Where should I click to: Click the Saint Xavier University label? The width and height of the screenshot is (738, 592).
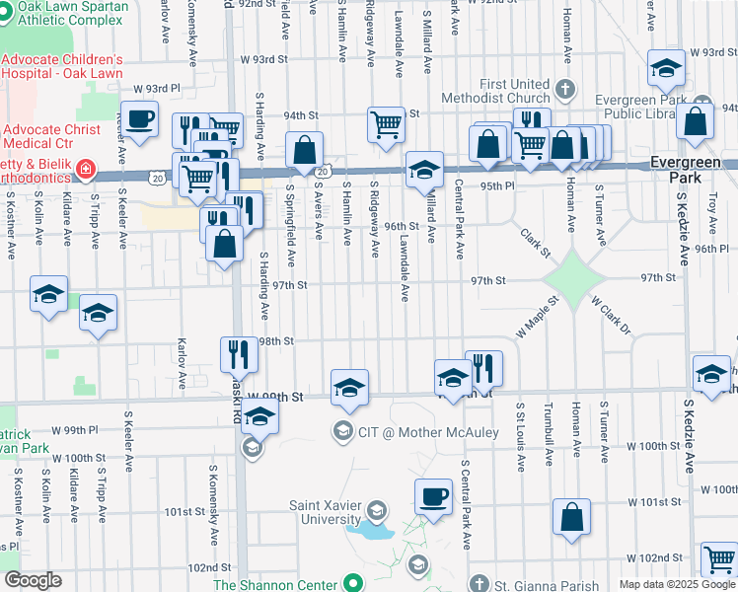pyautogui.click(x=325, y=512)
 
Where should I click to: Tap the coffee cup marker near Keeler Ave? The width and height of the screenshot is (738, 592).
pyautogui.click(x=140, y=119)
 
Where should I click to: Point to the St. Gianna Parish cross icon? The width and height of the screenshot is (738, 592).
pyautogui.click(x=480, y=583)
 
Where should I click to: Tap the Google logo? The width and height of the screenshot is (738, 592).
pyautogui.click(x=32, y=580)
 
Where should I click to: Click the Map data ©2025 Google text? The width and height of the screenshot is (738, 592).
pyautogui.click(x=676, y=584)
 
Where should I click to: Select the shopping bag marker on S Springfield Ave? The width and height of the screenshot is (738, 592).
pyautogui.click(x=305, y=151)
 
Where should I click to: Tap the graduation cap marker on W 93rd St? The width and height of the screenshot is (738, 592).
pyautogui.click(x=666, y=68)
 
